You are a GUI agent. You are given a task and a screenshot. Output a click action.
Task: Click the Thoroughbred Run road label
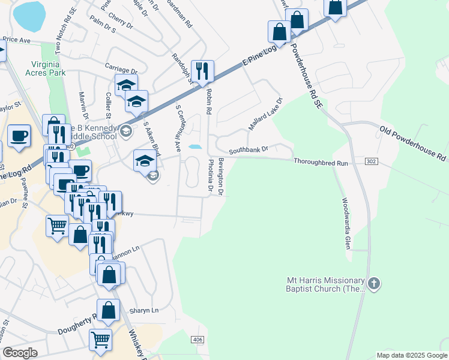(321, 162)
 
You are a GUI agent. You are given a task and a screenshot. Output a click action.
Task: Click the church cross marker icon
(374, 283)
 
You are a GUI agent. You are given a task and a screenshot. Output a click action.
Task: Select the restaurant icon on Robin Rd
(203, 71)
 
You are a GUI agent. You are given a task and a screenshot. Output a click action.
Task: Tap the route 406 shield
(197, 340)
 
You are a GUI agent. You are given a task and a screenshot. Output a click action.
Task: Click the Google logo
(20, 353)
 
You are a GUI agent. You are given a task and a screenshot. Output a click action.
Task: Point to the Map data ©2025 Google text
(412, 355)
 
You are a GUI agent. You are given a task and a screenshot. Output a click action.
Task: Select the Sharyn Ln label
(143, 310)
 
